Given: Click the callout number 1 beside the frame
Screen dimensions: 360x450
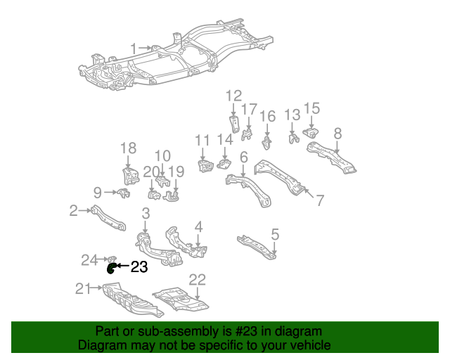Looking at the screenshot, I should (134, 48).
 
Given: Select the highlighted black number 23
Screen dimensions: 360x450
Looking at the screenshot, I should (139, 266).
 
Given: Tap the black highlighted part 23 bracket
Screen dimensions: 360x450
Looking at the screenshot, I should (111, 266).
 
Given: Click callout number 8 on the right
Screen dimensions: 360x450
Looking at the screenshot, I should (337, 133).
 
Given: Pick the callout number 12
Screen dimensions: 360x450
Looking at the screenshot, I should (233, 96).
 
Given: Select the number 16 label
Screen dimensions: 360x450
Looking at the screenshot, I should (267, 116).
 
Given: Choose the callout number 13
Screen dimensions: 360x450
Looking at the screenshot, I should (292, 115).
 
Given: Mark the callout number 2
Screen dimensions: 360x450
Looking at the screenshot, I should (73, 210).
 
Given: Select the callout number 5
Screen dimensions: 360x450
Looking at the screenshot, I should (275, 233).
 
